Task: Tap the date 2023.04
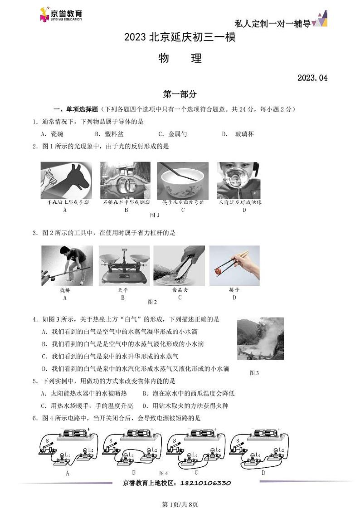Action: point(312,78)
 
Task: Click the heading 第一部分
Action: point(180,94)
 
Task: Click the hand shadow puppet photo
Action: point(66,180)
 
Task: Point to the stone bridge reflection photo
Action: point(125,180)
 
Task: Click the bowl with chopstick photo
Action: point(183,180)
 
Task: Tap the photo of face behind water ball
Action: point(238,180)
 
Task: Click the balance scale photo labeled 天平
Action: point(124,266)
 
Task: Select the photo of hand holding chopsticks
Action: point(234,266)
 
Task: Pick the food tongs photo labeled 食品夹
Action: point(179,266)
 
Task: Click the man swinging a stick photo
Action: point(67,266)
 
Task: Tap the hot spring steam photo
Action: point(260,338)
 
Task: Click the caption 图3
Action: point(254,373)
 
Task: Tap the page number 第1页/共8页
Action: point(180,504)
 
